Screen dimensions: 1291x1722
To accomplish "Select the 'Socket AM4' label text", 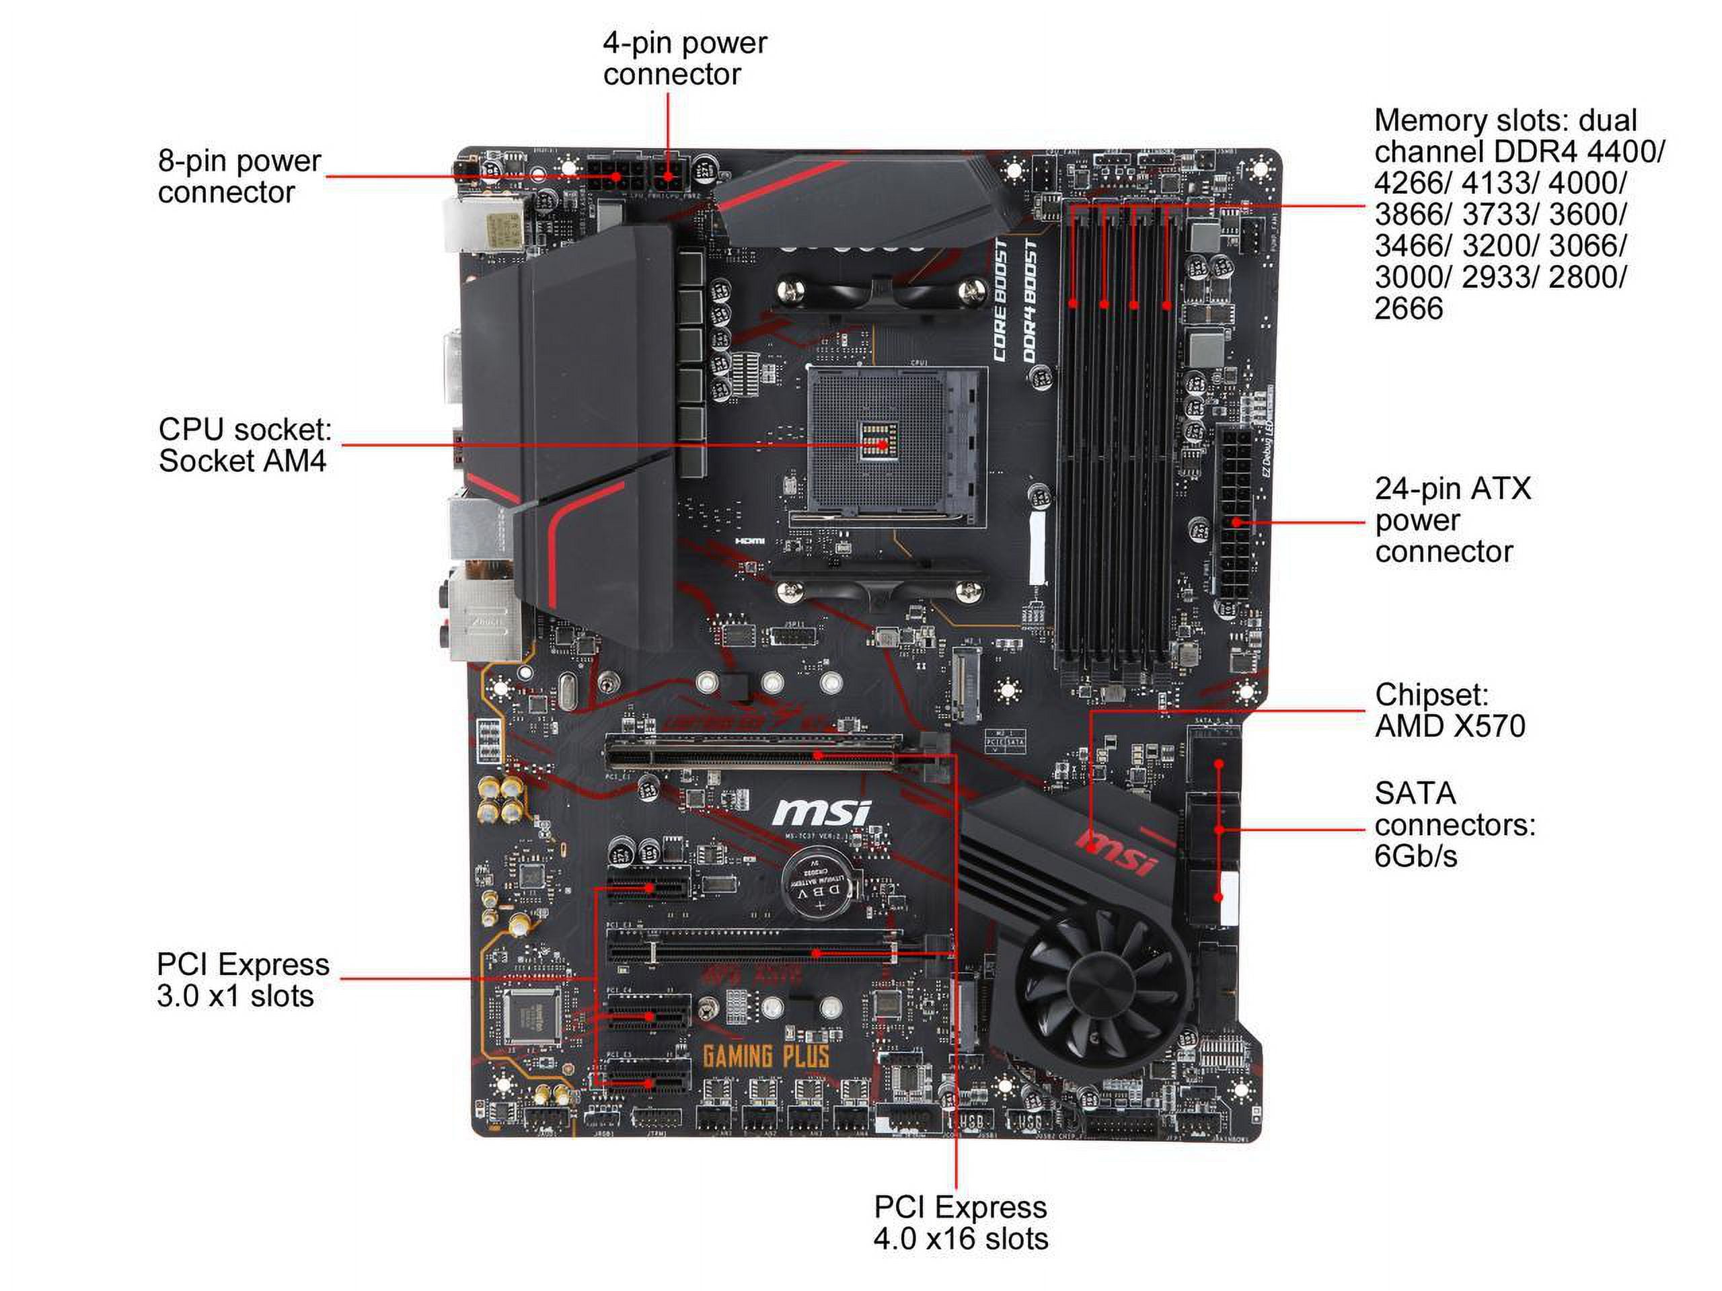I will click(x=242, y=461).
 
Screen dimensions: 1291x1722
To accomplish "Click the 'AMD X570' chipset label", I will click(x=1450, y=726).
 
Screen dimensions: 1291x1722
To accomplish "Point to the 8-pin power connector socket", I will click(x=615, y=177).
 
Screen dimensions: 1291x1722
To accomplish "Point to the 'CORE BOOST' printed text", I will click(x=1000, y=301).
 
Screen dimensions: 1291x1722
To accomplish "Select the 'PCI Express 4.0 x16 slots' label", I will click(x=960, y=1222).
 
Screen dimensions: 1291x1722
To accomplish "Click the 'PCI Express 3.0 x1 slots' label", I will click(x=243, y=980).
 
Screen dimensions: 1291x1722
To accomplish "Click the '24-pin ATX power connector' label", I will click(x=1451, y=520).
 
